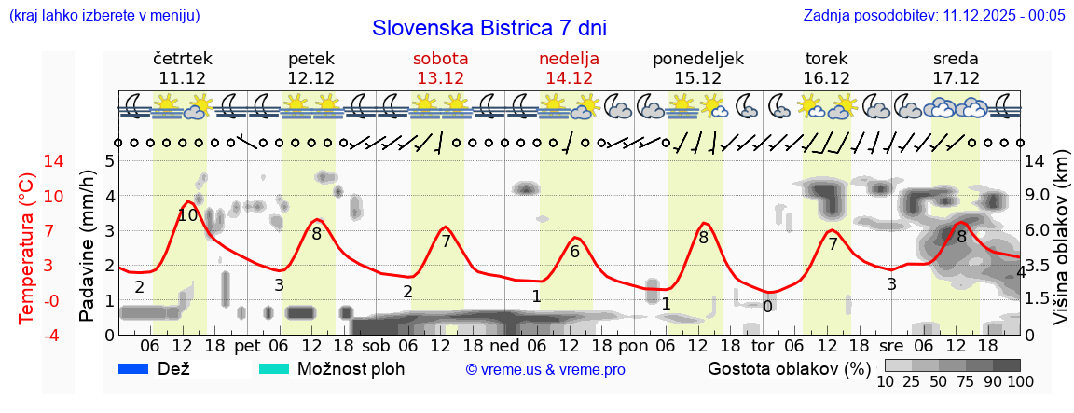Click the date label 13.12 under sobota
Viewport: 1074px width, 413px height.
tap(440, 78)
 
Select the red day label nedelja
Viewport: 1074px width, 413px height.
tap(569, 59)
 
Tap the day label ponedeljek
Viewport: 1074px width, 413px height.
tap(697, 59)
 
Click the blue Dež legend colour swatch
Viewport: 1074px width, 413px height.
tap(134, 369)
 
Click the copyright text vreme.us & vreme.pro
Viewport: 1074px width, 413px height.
tap(545, 370)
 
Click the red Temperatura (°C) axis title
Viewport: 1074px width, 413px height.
tap(28, 247)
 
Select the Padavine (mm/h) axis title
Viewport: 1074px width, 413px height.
tap(88, 245)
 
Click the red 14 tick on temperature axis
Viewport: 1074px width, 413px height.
tap(28, 161)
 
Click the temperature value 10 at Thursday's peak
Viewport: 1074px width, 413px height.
tap(187, 215)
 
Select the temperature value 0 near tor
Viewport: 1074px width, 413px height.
tap(767, 306)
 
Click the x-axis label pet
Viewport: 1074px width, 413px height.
tap(247, 345)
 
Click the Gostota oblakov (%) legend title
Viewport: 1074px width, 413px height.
tap(788, 368)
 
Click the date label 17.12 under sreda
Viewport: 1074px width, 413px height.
tap(956, 78)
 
